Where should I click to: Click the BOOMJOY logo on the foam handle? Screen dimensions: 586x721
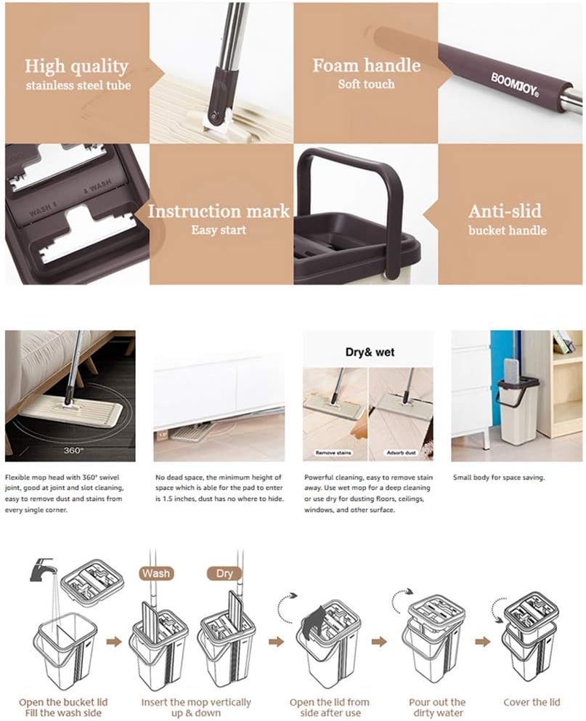[514, 84]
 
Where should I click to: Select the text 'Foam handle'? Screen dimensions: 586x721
[367, 65]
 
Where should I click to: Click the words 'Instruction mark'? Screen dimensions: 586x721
[219, 211]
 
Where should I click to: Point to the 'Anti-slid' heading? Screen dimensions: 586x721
[505, 211]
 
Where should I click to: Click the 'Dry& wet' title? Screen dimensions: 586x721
[370, 353]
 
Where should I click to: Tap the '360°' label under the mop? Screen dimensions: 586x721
[73, 450]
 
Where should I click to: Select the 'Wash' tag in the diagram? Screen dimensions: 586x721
[155, 573]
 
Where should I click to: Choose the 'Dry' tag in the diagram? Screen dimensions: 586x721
[224, 573]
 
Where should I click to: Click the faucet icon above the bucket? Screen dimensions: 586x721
[43, 568]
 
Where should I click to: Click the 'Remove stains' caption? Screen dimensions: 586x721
[333, 453]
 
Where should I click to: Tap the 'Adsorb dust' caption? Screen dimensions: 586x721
[401, 453]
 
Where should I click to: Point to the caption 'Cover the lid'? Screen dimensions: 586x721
[532, 702]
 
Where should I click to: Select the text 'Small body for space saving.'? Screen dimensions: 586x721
[499, 478]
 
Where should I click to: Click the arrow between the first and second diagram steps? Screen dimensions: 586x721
[113, 641]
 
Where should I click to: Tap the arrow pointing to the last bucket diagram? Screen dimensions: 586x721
[483, 641]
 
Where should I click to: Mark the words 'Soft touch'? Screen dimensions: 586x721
[366, 84]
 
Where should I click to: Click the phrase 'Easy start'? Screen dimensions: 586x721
[219, 230]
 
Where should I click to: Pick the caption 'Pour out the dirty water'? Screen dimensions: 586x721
[437, 708]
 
